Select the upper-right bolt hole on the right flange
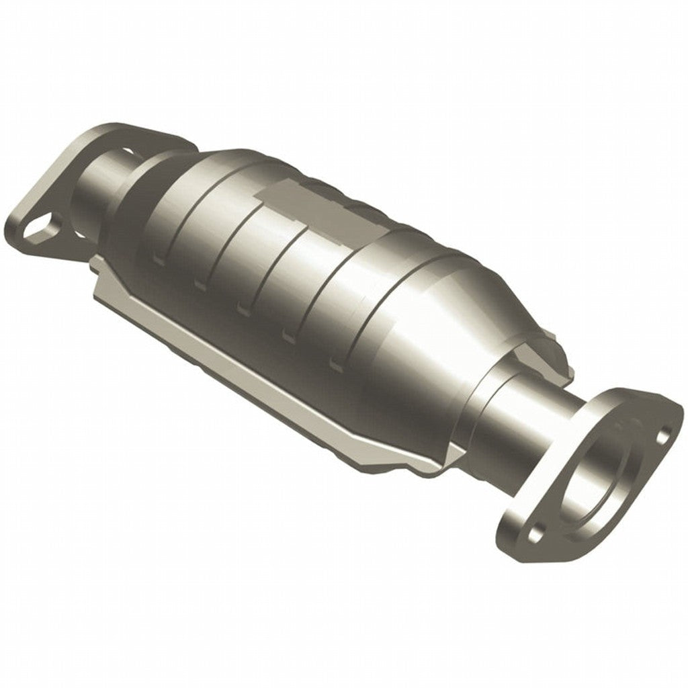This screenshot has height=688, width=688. tap(665, 433)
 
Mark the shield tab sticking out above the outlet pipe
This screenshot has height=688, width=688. tap(551, 349)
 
